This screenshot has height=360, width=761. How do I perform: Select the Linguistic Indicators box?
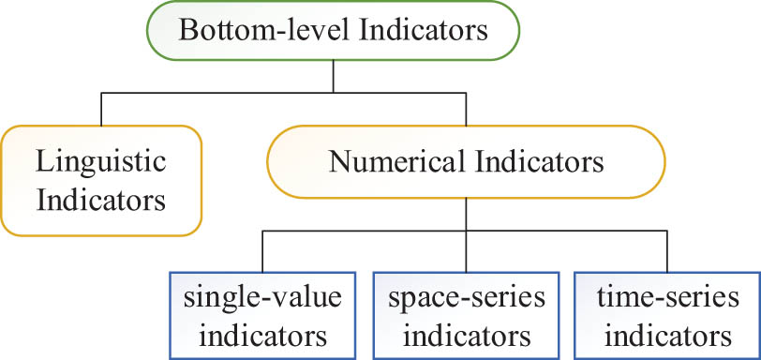coord(101,180)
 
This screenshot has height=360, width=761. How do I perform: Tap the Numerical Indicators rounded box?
coord(466,161)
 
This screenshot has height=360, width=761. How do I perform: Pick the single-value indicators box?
coord(263,315)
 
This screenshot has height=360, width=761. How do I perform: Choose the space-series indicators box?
coord(465,315)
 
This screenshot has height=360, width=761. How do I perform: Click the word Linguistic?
coord(101,160)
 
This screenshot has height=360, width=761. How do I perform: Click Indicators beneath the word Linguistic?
coord(101,200)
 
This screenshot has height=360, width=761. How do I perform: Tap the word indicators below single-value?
coord(263,335)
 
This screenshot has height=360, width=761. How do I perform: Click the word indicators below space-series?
coord(466,335)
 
